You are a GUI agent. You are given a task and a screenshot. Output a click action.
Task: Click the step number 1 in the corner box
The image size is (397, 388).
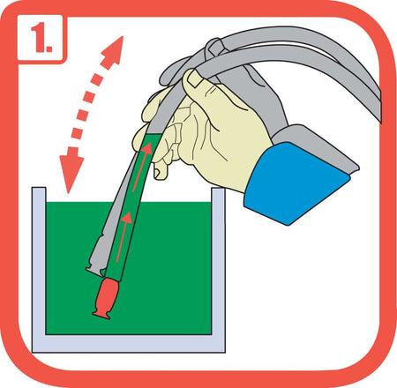point(41,38)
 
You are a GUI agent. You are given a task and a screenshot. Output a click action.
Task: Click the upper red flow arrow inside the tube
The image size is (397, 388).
point(143,166)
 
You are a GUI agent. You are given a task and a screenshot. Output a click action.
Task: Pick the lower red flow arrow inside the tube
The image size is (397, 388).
point(123,236)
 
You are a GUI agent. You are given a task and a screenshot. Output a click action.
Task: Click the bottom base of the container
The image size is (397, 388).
point(129,344)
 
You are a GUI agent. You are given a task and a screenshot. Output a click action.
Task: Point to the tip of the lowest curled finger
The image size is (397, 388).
point(159,173)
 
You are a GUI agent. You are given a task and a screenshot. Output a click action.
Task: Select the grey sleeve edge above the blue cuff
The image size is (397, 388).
point(316,144)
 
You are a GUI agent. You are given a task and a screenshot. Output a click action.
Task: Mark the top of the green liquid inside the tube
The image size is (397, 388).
point(153,136)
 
